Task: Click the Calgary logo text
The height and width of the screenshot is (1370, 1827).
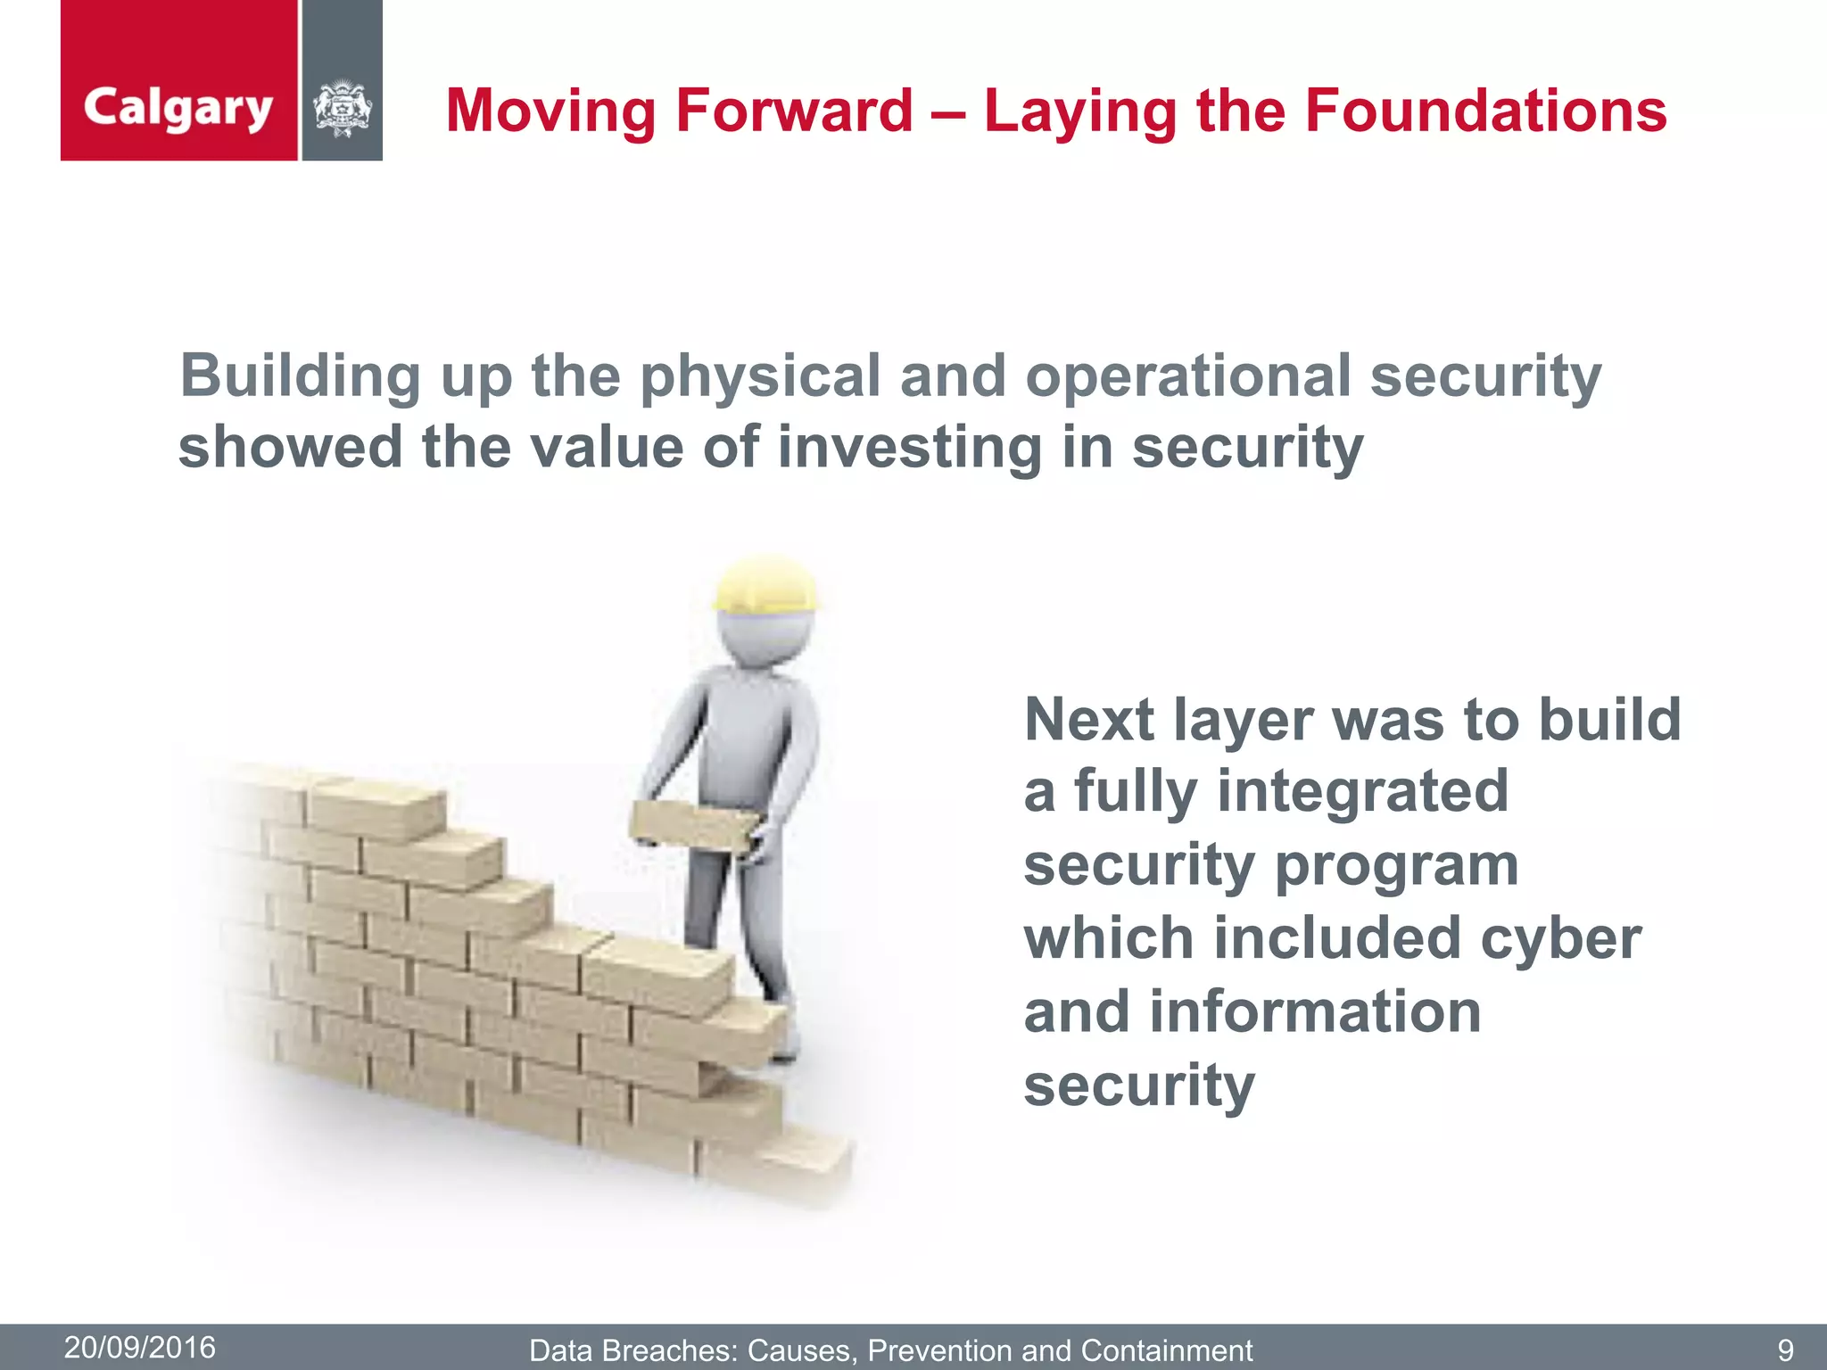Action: tap(178, 109)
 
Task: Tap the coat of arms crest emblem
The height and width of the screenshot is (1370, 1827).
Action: tap(342, 109)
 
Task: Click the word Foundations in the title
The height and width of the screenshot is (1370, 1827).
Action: tap(1485, 111)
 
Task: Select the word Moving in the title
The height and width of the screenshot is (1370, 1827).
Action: tap(550, 111)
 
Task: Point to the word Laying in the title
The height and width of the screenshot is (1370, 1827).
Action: tap(1079, 111)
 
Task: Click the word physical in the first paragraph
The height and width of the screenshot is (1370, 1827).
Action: tap(760, 376)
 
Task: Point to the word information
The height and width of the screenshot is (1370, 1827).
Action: tap(1315, 1012)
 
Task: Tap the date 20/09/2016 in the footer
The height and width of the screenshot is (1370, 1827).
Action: tap(140, 1347)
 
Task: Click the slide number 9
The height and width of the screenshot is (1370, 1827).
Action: tap(1785, 1349)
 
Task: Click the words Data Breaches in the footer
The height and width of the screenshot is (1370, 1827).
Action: tap(632, 1350)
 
